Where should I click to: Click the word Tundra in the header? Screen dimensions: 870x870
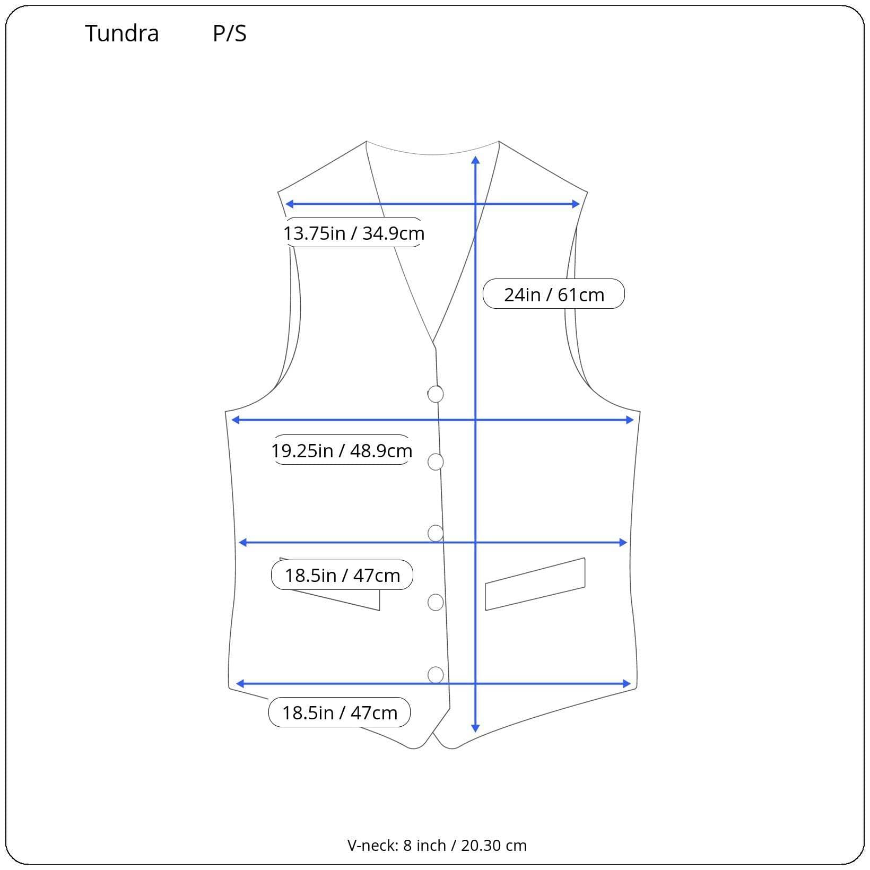click(x=122, y=33)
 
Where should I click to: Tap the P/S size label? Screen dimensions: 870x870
click(x=229, y=33)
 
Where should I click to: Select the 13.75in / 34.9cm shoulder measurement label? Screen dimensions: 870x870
click(x=353, y=233)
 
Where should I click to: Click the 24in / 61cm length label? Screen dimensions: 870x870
click(x=553, y=294)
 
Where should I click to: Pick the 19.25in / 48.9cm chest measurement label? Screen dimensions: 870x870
click(x=342, y=450)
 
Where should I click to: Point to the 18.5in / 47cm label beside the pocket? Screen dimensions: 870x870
click(x=342, y=575)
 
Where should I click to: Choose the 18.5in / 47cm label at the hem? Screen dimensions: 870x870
click(x=340, y=712)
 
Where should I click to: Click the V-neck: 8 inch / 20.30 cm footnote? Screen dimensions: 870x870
click(x=437, y=845)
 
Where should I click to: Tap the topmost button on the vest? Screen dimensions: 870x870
click(x=436, y=394)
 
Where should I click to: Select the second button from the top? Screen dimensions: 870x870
click(x=436, y=462)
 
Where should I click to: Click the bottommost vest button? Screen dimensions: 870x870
click(x=436, y=675)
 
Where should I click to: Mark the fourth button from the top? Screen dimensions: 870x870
click(x=436, y=603)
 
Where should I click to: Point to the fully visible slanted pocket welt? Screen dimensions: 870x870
click(x=535, y=584)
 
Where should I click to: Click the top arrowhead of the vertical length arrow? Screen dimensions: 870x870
click(x=475, y=160)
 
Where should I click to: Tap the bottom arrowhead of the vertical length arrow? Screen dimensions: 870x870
click(x=475, y=728)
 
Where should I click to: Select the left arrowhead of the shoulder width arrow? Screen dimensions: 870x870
click(x=290, y=204)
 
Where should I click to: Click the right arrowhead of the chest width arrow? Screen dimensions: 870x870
click(x=630, y=420)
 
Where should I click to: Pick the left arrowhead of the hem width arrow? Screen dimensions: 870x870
click(x=240, y=684)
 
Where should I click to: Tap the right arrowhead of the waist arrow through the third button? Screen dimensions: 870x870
click(x=624, y=542)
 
